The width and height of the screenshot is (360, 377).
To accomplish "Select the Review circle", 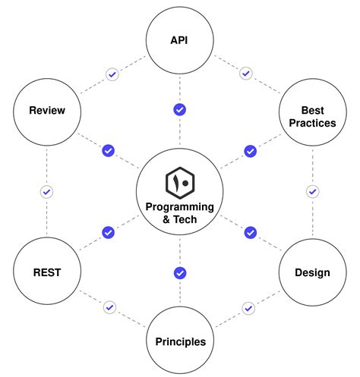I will [46, 111].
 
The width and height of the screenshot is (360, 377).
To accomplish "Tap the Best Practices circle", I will [312, 115].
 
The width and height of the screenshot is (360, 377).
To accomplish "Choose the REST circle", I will [46, 271].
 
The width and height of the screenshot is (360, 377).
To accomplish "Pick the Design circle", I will [312, 272].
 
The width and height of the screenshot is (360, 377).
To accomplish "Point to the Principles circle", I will [180, 341].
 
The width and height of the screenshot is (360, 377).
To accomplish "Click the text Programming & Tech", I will [180, 213].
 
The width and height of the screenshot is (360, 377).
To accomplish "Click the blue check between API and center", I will [180, 110].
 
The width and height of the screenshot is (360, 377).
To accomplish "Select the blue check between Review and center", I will [108, 151].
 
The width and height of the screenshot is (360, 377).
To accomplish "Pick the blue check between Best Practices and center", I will [250, 151].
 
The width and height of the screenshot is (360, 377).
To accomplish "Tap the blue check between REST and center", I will [108, 232].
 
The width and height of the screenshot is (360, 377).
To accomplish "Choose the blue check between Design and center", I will [250, 232].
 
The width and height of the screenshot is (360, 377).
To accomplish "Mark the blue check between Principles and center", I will [180, 272].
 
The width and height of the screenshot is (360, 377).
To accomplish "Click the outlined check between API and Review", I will [112, 74].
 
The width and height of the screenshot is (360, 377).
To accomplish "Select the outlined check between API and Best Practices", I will [245, 74].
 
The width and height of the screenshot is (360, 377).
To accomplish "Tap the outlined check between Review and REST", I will [46, 191].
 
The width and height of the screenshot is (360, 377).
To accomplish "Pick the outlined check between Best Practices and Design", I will [312, 191].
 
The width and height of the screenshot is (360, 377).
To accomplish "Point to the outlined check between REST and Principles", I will [111, 307].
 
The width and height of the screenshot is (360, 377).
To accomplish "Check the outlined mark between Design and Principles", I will [248, 307].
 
